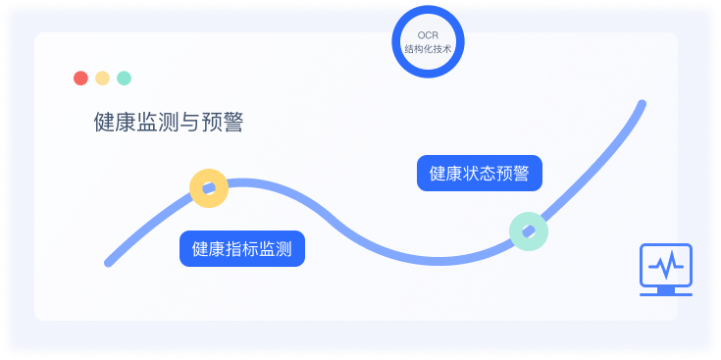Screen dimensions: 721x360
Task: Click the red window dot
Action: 80,78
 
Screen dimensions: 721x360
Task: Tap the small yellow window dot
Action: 102,78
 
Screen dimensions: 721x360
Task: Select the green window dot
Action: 124,78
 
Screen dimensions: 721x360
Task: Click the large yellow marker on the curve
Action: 208,187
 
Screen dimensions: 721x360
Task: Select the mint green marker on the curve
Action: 529,231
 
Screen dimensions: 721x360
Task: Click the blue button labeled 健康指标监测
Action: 242,249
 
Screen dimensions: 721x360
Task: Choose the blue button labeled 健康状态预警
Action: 480,174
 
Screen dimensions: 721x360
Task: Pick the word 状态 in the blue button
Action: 480,174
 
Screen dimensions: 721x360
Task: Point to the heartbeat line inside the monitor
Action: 666,265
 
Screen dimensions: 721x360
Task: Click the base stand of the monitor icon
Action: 666,290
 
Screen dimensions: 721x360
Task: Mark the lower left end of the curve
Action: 109,262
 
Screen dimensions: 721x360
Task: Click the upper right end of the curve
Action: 642,103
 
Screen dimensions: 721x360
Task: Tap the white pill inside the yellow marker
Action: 208,187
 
